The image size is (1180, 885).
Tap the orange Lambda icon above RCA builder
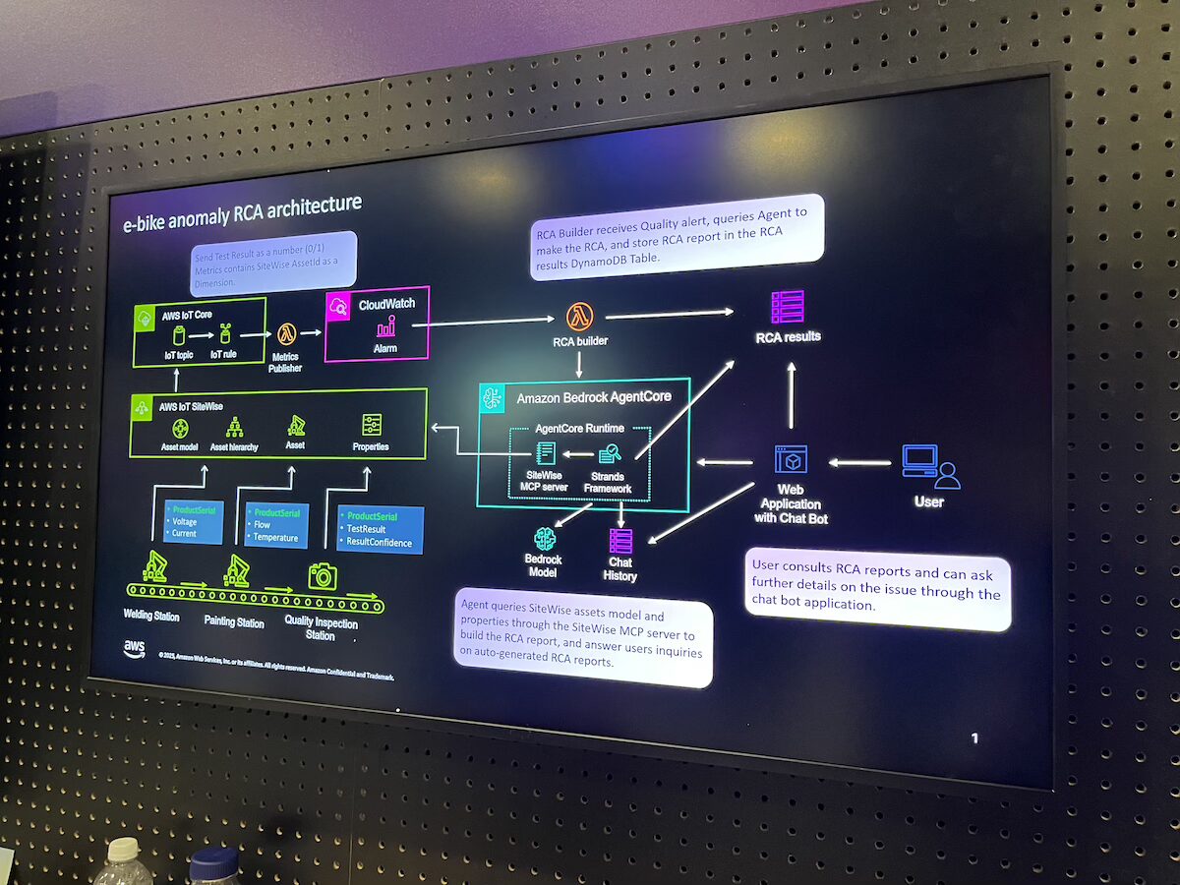coord(579,317)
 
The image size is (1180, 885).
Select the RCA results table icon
coord(788,307)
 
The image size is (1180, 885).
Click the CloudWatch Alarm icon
coord(385,327)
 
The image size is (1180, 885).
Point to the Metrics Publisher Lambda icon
coord(287,334)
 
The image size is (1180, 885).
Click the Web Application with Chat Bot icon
coord(791,460)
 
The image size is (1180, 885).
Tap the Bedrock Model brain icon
coord(545,539)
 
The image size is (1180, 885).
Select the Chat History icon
coord(620,541)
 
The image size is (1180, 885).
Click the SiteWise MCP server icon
coord(546,453)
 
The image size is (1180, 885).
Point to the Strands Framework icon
coord(610,453)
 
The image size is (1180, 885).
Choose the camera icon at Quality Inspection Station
coord(323,575)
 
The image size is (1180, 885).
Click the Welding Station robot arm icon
coord(154,565)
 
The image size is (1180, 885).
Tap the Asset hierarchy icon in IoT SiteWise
coord(235,427)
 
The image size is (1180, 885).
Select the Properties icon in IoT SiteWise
coord(372,425)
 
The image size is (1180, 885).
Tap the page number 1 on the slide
coord(974,737)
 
